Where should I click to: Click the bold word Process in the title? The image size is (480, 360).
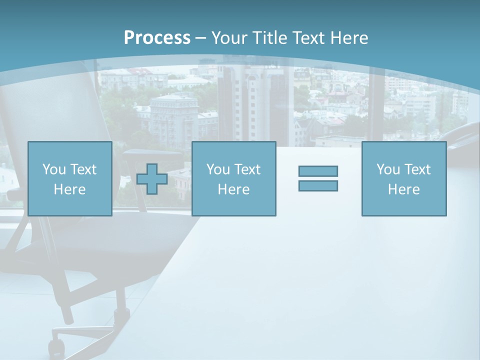tap(157, 38)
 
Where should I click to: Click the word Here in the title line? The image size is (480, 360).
tap(349, 38)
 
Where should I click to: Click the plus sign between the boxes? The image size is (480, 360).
tap(152, 179)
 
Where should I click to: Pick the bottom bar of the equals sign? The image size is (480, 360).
tap(318, 185)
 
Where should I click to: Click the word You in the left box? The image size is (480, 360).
tap(54, 169)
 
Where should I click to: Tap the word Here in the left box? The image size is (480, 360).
tap(69, 189)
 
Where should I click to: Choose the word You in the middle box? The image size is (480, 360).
tap(218, 169)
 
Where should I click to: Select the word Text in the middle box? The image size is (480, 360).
tap(247, 169)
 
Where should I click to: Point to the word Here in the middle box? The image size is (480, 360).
tap(233, 189)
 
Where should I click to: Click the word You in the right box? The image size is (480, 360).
tap(388, 169)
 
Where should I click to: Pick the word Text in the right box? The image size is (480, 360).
tap(417, 169)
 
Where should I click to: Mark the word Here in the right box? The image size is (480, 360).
tap(403, 189)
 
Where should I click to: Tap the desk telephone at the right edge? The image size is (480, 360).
tap(462, 135)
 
